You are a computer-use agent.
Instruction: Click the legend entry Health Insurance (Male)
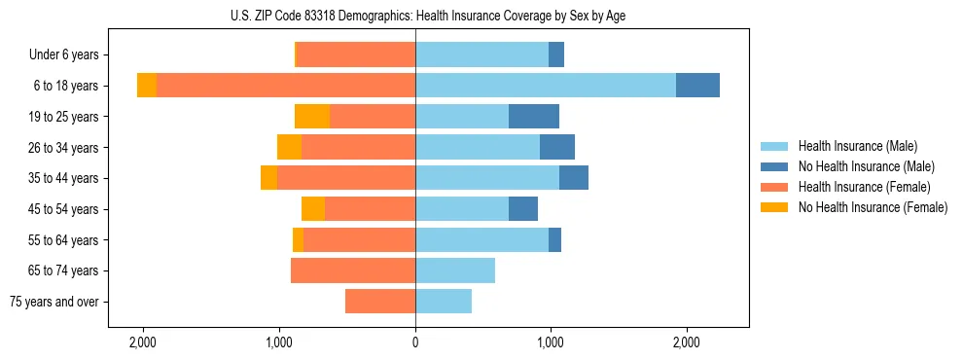(856, 146)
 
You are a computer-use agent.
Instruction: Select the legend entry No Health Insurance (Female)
(873, 207)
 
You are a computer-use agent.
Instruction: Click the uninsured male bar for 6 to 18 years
(697, 86)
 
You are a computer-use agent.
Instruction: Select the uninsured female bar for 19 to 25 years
(312, 117)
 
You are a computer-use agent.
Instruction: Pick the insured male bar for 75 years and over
(444, 302)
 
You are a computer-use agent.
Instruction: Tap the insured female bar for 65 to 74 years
(353, 270)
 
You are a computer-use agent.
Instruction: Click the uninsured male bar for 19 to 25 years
(534, 117)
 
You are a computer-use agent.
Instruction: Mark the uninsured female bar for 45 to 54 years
(313, 209)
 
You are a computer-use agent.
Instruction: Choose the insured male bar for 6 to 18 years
(546, 86)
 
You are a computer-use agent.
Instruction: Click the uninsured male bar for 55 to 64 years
(554, 240)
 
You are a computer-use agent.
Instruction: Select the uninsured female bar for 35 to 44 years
(268, 178)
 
